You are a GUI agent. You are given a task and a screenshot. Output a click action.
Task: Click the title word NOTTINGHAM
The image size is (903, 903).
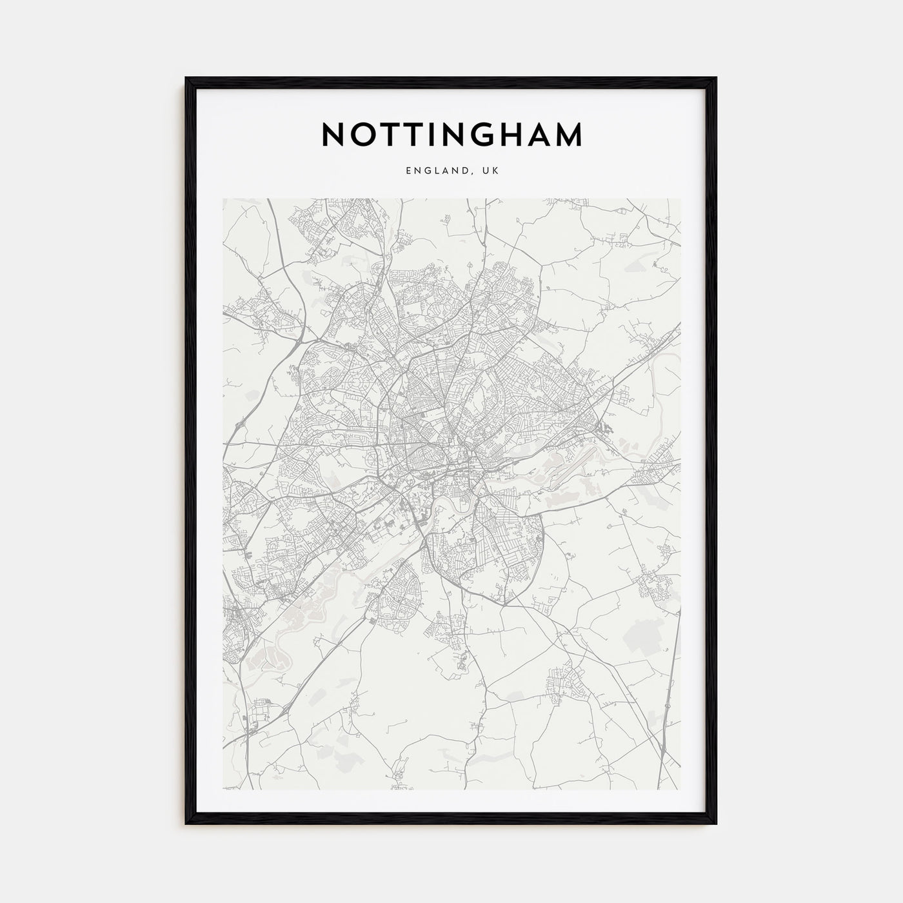[451, 134]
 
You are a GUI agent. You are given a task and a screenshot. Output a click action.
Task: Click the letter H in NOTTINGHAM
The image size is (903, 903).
[524, 134]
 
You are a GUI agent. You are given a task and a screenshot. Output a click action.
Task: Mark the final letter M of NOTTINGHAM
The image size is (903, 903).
[571, 134]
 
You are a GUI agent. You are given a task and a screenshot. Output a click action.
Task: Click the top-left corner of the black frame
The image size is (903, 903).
[186, 79]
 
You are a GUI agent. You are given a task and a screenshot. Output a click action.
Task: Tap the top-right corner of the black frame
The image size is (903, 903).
[716, 79]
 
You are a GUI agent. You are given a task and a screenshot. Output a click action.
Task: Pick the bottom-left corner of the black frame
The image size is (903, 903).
[186, 824]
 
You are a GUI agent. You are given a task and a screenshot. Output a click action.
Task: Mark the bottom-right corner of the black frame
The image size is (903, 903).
[716, 824]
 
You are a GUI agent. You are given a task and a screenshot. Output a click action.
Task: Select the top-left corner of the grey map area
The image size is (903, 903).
[223, 199]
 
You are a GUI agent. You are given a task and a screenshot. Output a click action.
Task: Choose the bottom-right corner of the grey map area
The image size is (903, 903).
[680, 789]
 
